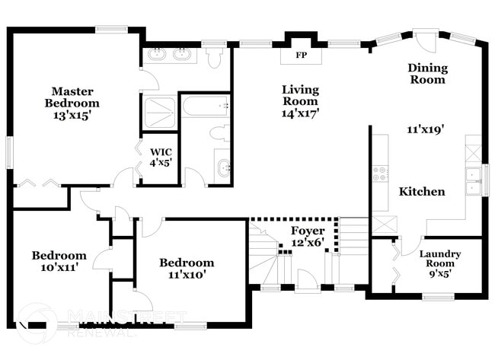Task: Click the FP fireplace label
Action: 300,55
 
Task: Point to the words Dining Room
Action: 427,74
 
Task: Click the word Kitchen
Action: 422,192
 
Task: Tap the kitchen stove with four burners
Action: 379,174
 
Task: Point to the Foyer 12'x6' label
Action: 308,237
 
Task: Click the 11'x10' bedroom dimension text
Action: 187,275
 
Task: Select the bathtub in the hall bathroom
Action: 205,106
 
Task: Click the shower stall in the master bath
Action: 158,112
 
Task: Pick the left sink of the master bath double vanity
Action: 158,54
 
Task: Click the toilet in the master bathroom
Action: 215,57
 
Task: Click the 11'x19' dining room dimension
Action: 426,129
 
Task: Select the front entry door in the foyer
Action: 307,282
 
